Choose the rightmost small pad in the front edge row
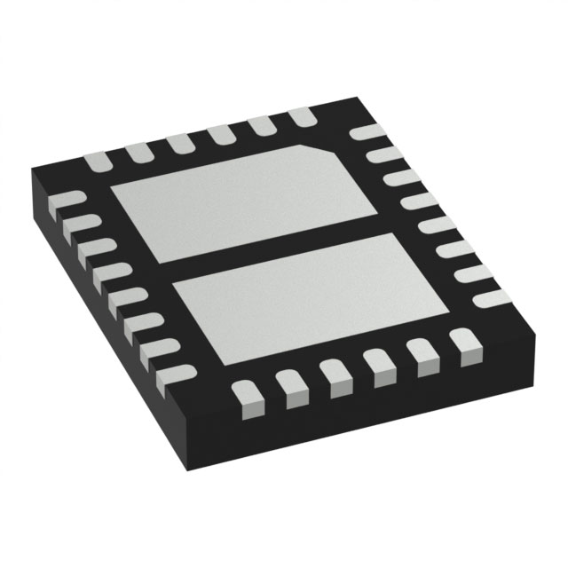tap(462, 343)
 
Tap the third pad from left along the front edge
tap(335, 375)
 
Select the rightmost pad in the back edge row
tap(302, 116)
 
